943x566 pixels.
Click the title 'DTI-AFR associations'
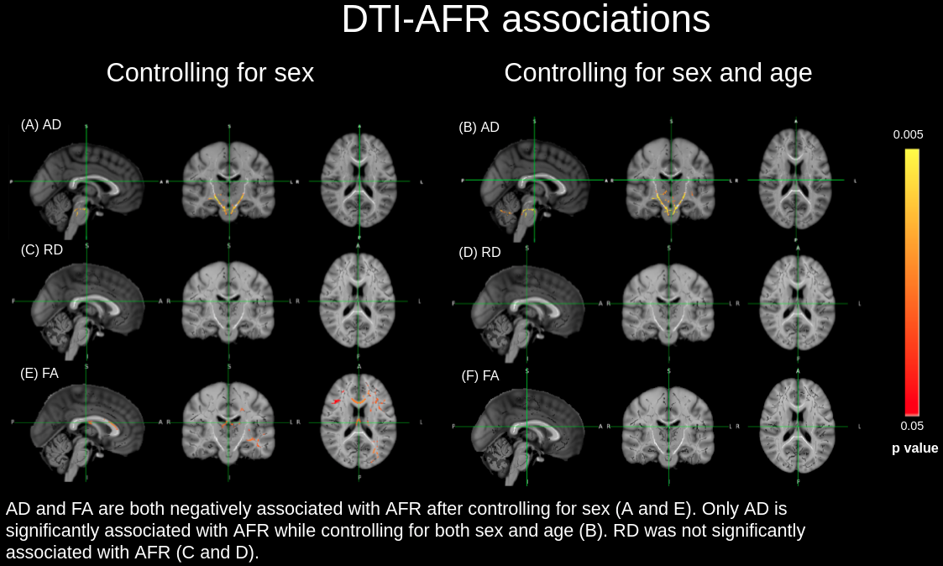526,20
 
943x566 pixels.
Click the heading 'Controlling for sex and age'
657,73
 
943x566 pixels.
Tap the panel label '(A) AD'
41,125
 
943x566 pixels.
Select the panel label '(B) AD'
479,128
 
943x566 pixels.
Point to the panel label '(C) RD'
42,249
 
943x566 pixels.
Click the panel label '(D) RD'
479,252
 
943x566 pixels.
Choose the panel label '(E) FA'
39,374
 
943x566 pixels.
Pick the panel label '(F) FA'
480,376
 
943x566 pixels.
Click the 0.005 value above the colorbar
908,134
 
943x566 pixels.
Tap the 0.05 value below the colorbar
911,425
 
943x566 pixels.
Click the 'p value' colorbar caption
914,448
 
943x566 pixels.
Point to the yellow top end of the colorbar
911,156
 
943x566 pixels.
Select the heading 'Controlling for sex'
210,73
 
